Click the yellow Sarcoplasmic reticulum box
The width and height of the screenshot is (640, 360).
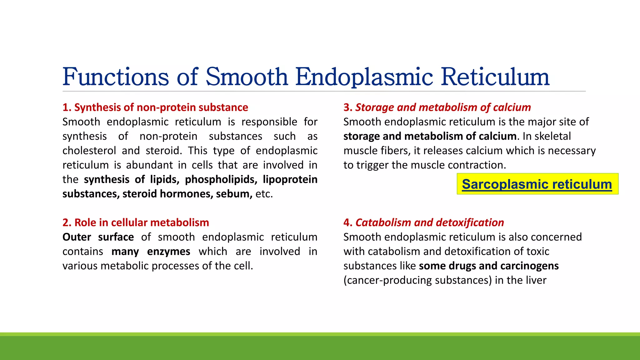[537, 184]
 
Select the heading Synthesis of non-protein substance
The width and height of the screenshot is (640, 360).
[155, 107]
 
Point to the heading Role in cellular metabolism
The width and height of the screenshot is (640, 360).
[136, 222]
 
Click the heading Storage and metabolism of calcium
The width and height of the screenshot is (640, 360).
[437, 107]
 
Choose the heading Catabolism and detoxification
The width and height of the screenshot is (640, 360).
[424, 222]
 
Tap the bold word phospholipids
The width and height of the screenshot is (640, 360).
[221, 179]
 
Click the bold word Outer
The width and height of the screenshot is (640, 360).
[77, 237]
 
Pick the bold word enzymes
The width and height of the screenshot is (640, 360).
[168, 251]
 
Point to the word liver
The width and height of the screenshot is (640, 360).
[536, 280]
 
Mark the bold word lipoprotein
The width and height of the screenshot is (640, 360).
[290, 179]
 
